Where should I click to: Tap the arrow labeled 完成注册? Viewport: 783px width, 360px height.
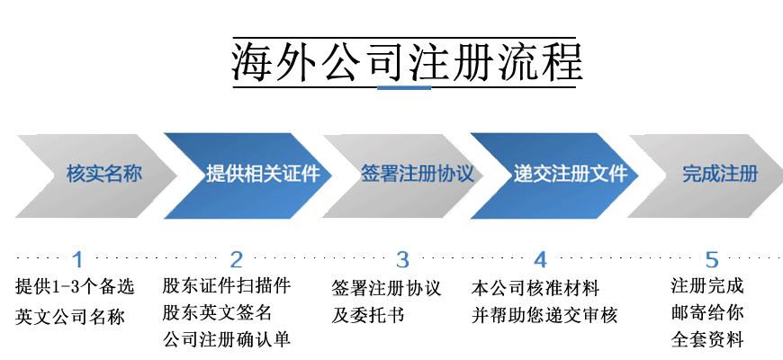click(x=719, y=174)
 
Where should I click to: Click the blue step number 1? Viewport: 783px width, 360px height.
click(x=77, y=260)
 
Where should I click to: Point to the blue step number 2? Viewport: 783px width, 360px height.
click(x=237, y=260)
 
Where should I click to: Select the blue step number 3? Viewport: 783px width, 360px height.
click(x=402, y=260)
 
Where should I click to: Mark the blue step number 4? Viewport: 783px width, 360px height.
click(x=540, y=260)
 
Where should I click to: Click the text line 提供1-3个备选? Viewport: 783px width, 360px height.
click(x=75, y=287)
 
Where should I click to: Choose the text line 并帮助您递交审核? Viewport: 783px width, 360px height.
click(x=544, y=316)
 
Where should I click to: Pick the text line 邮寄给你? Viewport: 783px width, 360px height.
click(x=707, y=314)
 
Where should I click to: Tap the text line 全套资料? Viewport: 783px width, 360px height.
click(x=707, y=340)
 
